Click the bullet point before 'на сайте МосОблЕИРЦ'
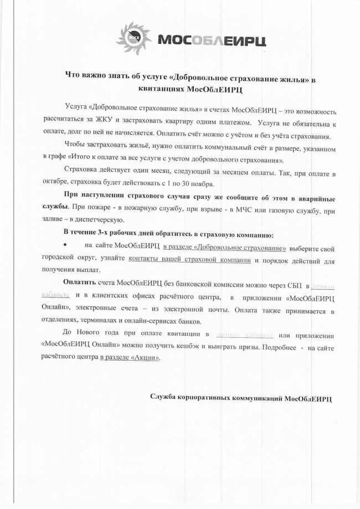click(x=66, y=245)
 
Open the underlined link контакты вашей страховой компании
click(x=190, y=260)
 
